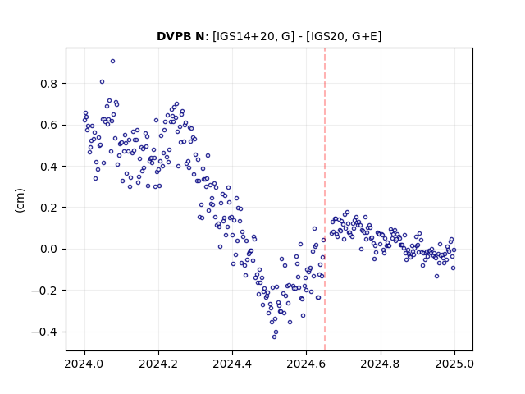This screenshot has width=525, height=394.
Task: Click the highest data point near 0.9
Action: point(113,62)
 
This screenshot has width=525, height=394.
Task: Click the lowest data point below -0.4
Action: point(274,337)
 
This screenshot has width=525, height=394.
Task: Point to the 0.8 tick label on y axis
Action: point(49,84)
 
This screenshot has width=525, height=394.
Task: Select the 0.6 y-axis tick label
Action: point(49,125)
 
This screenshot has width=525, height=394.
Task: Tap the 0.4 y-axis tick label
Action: point(49,167)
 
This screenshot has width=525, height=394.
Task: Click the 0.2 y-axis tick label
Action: point(49,208)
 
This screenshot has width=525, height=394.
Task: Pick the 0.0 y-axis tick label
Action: point(49,250)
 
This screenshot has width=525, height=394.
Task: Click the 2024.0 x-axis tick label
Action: point(84,364)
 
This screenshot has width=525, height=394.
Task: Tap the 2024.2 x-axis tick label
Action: point(158,364)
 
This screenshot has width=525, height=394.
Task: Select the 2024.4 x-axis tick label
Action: point(232,364)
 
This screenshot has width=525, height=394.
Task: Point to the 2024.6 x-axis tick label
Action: point(306,364)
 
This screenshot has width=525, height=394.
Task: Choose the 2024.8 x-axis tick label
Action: point(380,364)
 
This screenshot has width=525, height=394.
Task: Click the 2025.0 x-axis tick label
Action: point(454,364)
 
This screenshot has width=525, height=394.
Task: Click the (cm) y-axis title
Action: point(20,200)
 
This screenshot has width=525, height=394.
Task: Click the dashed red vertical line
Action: point(325,199)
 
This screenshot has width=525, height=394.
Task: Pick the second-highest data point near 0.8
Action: point(102,82)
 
